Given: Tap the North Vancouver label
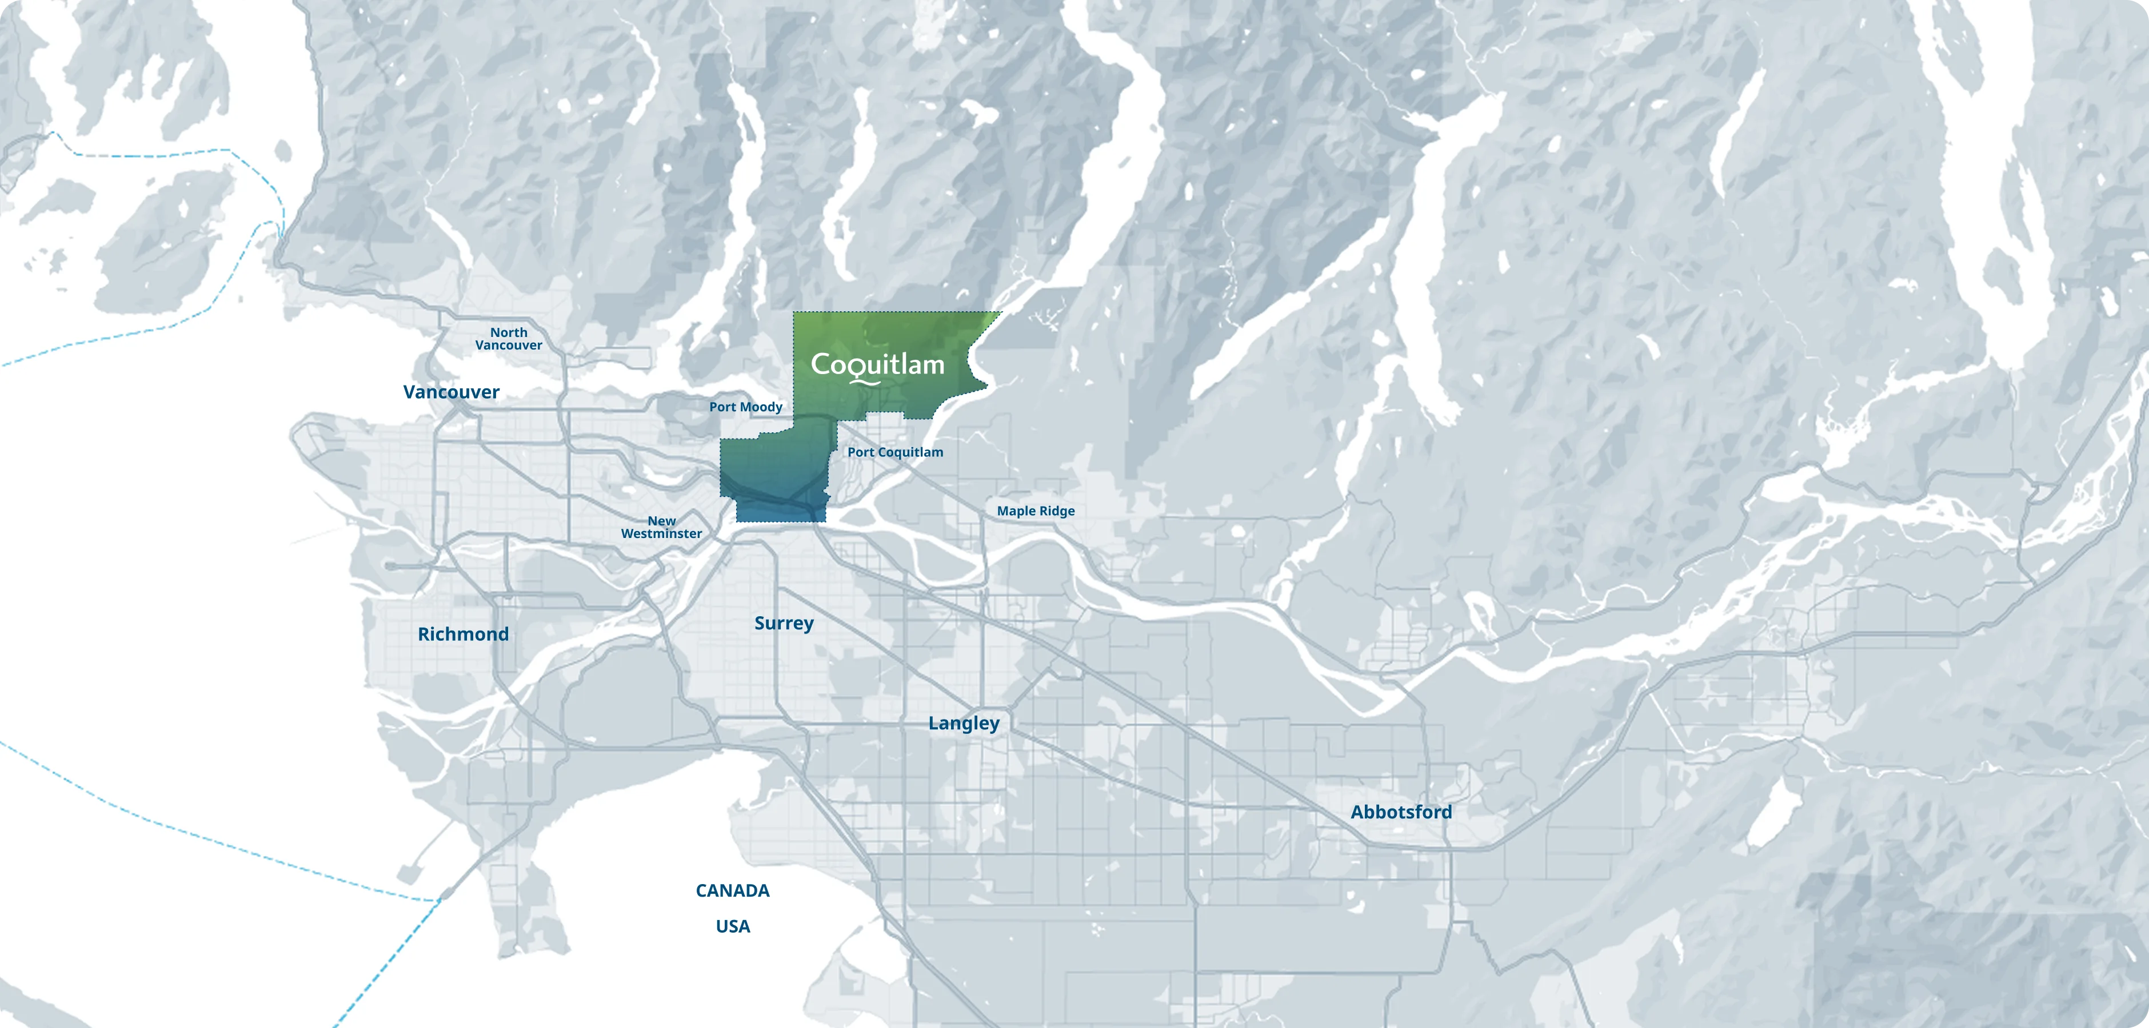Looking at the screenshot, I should (x=508, y=339).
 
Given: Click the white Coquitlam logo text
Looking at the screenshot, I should (x=878, y=365).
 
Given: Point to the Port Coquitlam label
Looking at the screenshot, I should (x=895, y=452).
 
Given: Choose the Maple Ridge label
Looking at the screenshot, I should (x=1035, y=511).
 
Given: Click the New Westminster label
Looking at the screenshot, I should (x=661, y=527).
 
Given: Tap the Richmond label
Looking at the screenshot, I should (x=463, y=633).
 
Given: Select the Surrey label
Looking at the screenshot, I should (x=784, y=623).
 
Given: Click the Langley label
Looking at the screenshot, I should (x=964, y=723).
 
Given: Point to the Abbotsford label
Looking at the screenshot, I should (x=1401, y=812).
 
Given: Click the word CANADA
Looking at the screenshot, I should (x=733, y=890).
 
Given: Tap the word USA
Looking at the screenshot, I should (x=733, y=926).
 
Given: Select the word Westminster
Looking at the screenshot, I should (x=661, y=533).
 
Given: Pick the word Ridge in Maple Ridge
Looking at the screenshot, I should (x=1057, y=511).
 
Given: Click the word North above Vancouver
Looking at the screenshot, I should (x=508, y=332).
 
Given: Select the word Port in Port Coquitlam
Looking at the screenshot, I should (x=860, y=452).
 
